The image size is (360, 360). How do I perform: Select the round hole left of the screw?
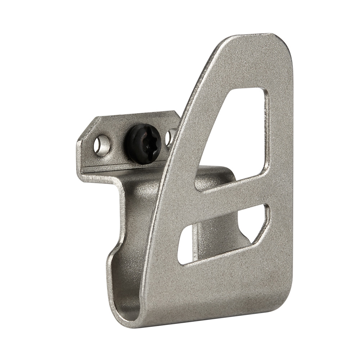click(x=102, y=145)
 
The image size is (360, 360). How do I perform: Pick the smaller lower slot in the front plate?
click(x=223, y=234)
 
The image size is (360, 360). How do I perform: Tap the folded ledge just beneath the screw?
click(x=122, y=169)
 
